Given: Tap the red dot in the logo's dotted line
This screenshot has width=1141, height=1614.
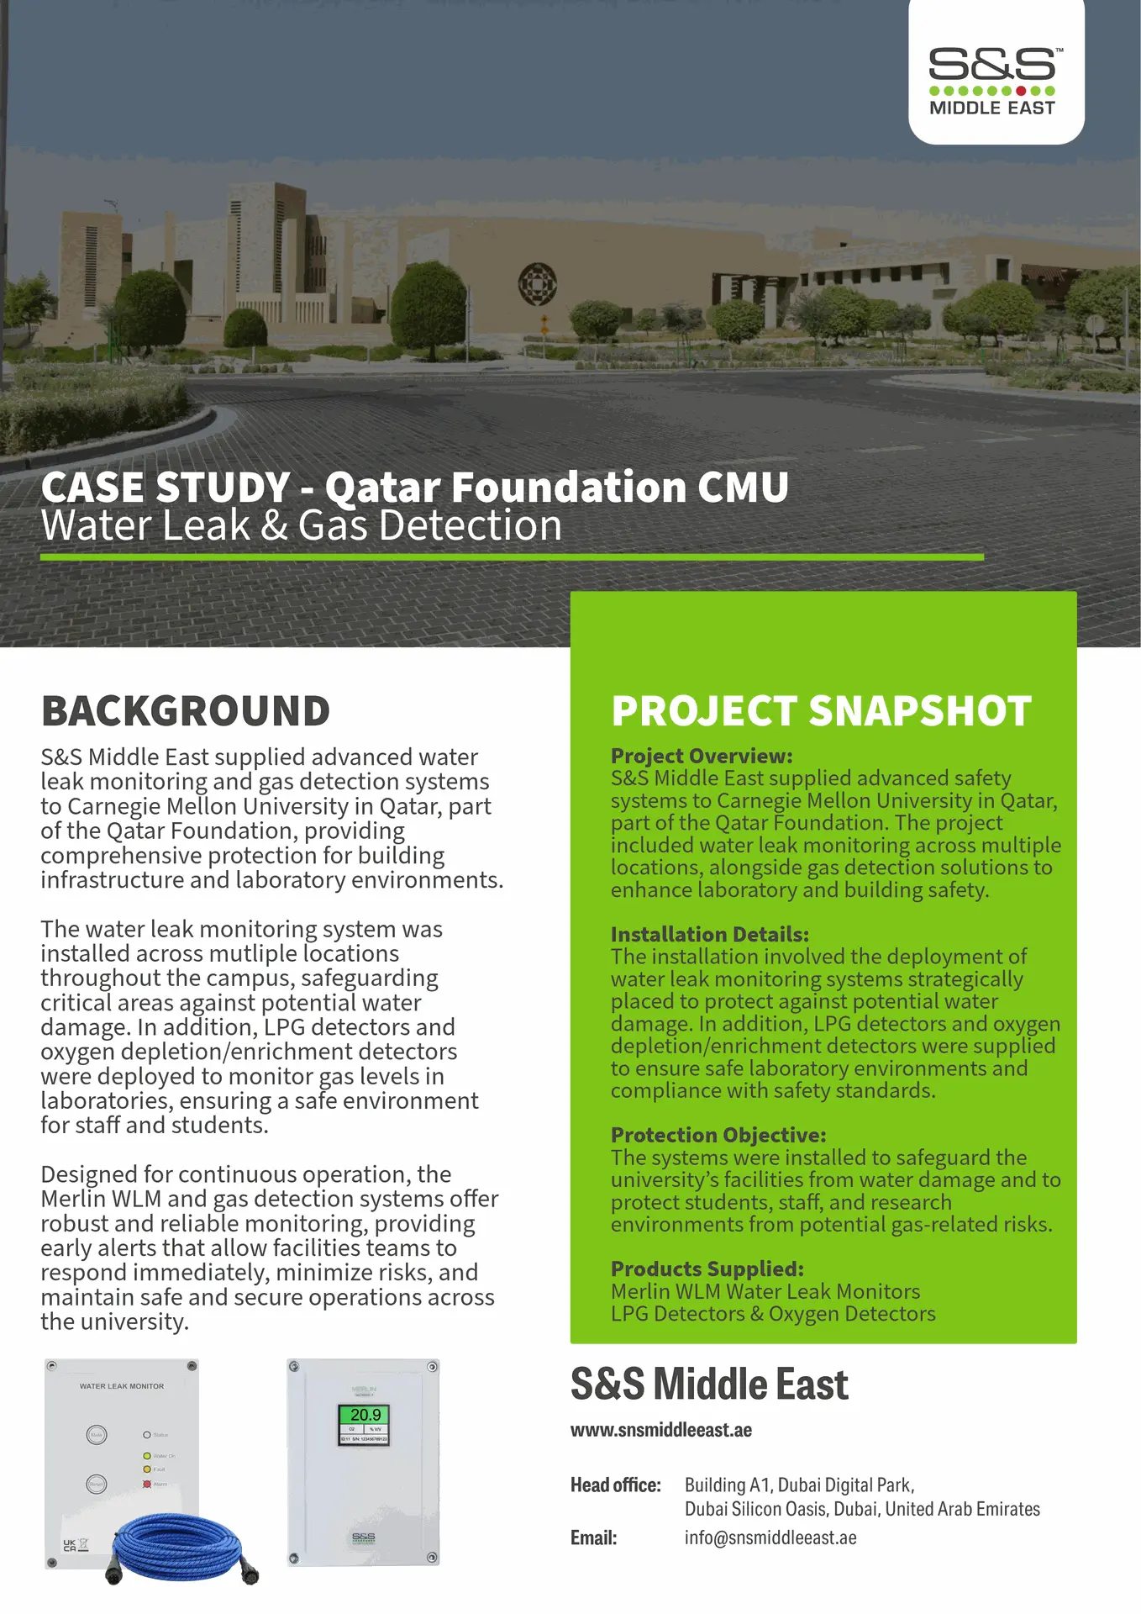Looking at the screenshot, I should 1021,91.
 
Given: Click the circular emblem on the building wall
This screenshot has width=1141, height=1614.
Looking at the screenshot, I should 538,283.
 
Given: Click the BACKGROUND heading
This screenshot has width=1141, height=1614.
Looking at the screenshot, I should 186,711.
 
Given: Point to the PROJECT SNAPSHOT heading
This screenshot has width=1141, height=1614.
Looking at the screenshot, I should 821,711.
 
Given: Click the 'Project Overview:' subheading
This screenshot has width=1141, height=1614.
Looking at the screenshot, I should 702,756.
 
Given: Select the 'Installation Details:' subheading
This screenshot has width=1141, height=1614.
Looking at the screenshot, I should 709,934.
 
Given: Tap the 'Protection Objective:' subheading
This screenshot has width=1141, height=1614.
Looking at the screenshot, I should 718,1135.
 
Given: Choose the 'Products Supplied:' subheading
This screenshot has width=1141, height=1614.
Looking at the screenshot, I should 707,1269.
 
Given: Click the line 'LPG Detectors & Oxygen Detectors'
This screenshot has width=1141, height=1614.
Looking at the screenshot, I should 772,1314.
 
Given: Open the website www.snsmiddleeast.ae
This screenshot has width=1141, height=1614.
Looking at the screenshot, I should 660,1430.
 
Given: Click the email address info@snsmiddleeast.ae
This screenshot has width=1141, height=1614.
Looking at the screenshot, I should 770,1538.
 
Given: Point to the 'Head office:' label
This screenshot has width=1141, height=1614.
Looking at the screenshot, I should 615,1485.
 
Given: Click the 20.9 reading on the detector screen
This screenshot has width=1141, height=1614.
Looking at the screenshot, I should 365,1415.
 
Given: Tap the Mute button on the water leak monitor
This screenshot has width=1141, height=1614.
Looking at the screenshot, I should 97,1435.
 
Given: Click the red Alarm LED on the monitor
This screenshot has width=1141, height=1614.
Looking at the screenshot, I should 147,1485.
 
